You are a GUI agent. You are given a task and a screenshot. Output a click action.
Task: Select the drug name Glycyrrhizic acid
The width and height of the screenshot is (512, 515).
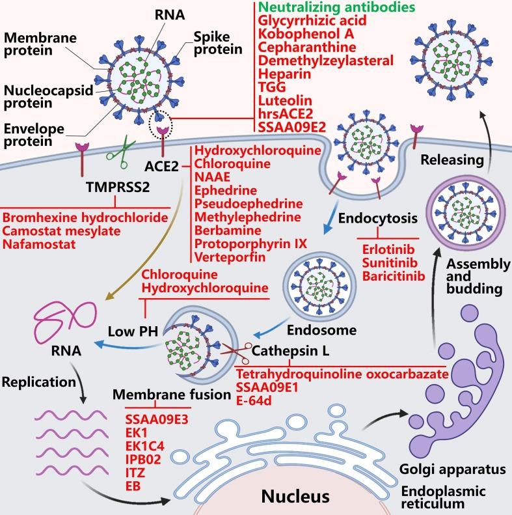point(305,21)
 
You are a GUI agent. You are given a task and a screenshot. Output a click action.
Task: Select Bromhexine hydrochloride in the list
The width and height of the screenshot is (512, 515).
point(85,217)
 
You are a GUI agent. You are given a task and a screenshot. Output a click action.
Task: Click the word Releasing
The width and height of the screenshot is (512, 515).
point(446,160)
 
